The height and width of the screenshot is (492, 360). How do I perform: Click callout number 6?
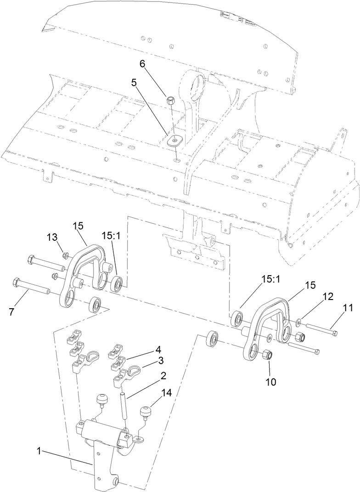coord(142,64)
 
